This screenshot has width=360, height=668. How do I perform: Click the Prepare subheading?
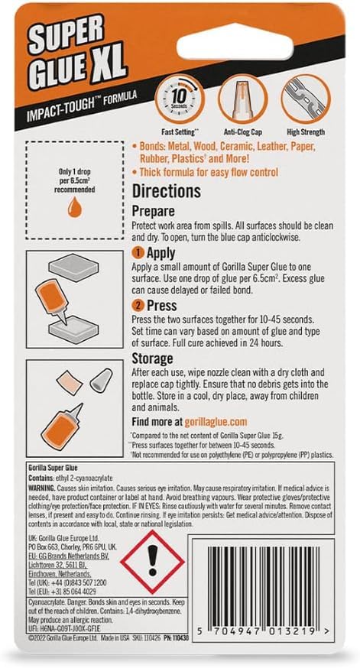(x=154, y=210)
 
